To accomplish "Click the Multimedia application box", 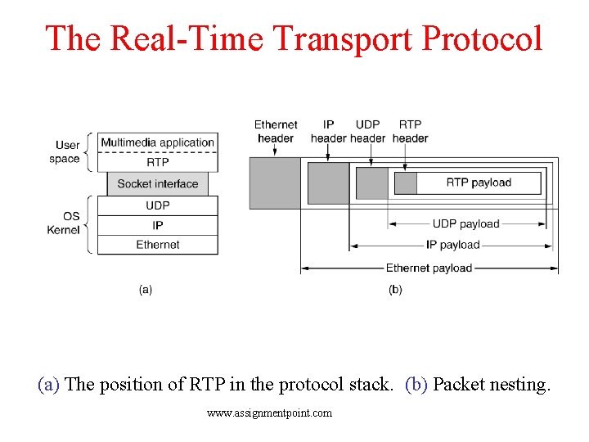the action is click(x=158, y=142).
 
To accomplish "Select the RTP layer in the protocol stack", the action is click(x=158, y=162).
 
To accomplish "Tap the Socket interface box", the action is click(x=158, y=183).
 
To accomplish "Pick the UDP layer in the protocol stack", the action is click(x=158, y=205).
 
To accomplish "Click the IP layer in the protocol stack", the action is click(x=158, y=225).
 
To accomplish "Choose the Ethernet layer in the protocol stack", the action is click(x=158, y=244).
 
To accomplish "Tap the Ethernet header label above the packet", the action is click(x=276, y=131).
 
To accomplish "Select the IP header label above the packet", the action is click(x=329, y=131).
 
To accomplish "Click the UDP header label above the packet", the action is click(x=368, y=131).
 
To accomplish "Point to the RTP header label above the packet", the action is click(x=410, y=131).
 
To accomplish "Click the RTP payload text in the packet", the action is click(x=479, y=183).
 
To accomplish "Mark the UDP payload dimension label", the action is click(x=465, y=223).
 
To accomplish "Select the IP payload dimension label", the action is click(x=452, y=244).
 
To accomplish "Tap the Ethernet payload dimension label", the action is click(x=429, y=268).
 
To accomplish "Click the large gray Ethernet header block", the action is click(x=274, y=183).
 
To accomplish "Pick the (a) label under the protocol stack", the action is click(x=146, y=289).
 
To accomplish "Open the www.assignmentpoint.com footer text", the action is click(x=270, y=413).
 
